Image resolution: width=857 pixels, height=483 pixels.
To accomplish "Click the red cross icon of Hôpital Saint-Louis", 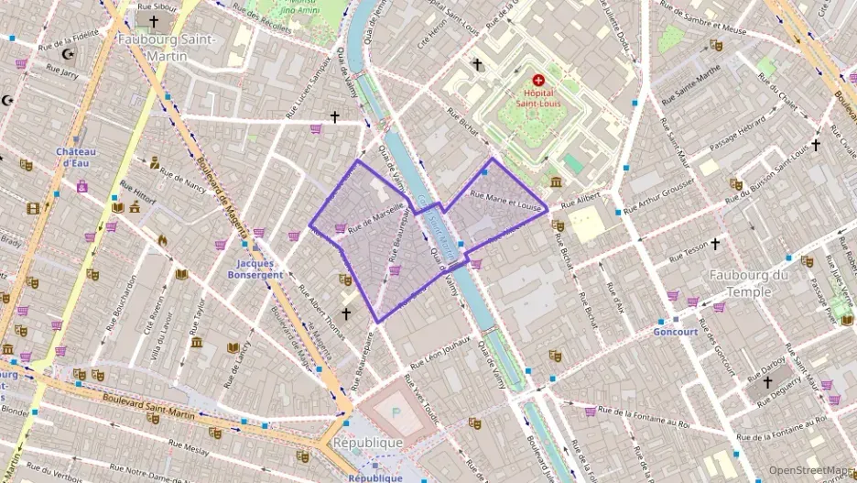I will click(537, 80).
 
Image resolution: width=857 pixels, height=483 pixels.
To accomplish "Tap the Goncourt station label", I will click(676, 332).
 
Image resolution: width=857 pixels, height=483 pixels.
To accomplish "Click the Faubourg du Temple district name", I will click(749, 283).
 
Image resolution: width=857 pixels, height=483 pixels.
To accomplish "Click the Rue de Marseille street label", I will click(375, 216).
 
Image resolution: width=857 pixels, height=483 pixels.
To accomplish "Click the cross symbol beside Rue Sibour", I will click(153, 21).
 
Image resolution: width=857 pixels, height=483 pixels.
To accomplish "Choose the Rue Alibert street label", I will click(580, 201).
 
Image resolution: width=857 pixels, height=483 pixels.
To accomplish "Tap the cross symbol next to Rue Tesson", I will click(715, 244).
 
